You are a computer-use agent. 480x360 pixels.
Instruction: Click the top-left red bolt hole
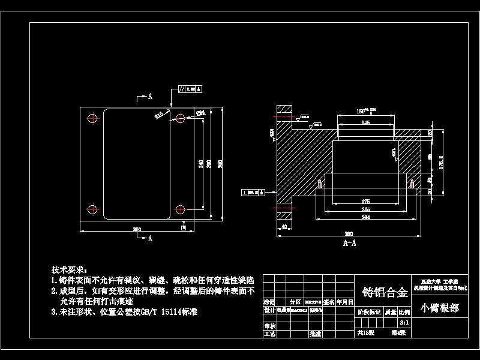[92, 118]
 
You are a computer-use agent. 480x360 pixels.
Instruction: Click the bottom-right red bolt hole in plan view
[180, 209]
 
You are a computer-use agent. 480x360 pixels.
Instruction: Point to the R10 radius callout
[159, 115]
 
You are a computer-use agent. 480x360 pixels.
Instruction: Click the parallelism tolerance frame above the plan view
[191, 89]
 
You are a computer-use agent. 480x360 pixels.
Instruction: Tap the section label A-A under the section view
[349, 243]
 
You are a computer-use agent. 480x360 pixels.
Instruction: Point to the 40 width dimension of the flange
[283, 226]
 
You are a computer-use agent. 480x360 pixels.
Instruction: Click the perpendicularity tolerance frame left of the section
[254, 192]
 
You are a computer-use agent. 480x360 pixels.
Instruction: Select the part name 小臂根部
[440, 308]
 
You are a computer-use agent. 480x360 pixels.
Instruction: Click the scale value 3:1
[404, 321]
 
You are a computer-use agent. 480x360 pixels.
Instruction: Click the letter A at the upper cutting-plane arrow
[150, 96]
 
